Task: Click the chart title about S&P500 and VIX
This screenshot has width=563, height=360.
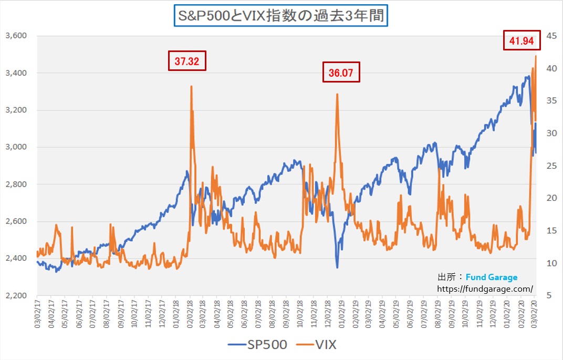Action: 281,16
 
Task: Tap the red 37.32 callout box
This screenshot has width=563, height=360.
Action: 187,61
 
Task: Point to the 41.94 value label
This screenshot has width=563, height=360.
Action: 522,40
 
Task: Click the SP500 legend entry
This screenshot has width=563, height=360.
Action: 258,345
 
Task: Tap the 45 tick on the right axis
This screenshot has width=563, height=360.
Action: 549,36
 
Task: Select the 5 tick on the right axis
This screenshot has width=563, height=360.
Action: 547,295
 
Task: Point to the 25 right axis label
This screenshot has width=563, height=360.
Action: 549,166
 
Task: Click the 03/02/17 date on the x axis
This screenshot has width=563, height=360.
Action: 38,314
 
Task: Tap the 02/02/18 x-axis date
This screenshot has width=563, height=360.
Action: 189,314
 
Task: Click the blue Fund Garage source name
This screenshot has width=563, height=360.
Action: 492,277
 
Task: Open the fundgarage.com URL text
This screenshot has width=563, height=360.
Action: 485,289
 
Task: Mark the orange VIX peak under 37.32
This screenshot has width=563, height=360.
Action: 191,87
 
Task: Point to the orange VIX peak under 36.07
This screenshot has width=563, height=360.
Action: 337,95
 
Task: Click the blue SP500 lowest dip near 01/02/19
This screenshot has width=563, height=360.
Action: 337,267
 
